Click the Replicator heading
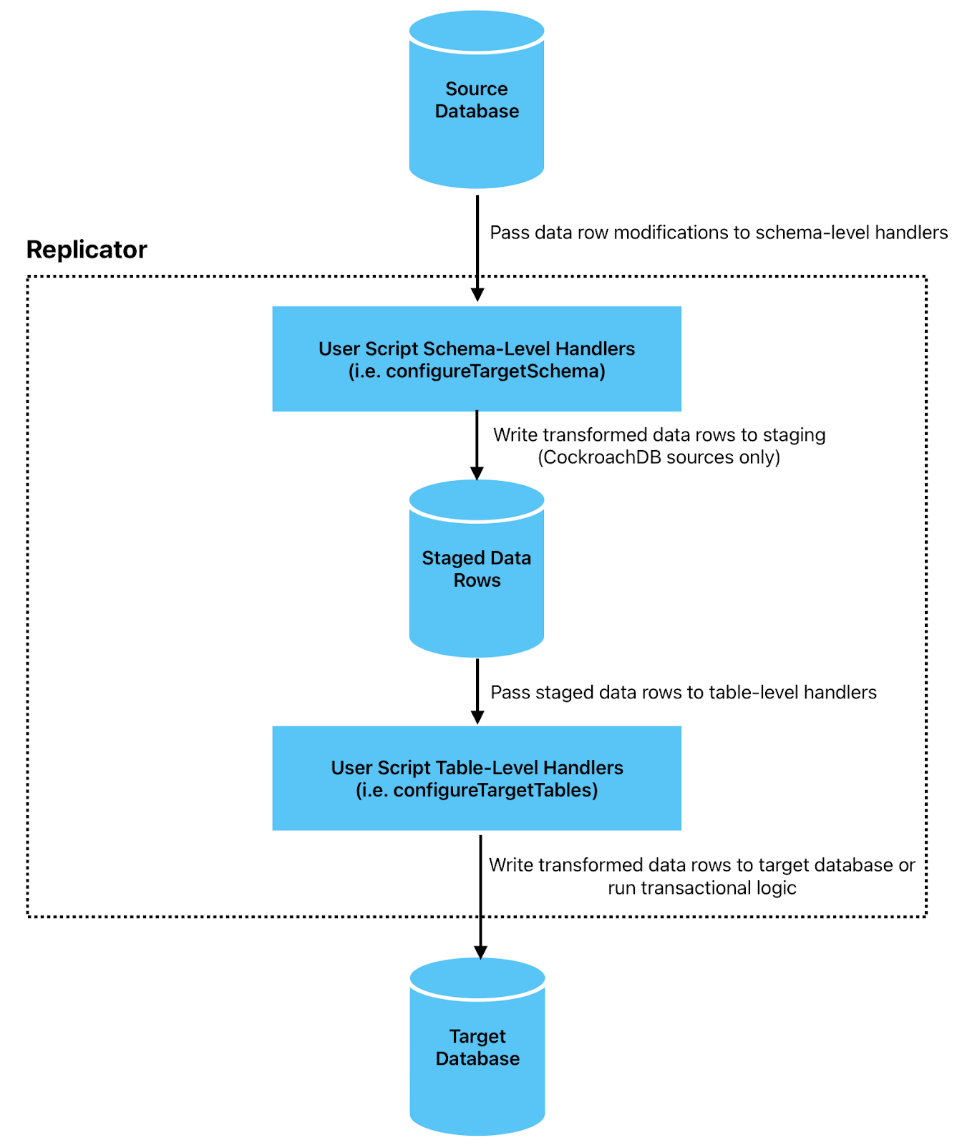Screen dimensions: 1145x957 tap(87, 250)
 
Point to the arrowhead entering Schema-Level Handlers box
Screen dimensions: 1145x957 tap(477, 294)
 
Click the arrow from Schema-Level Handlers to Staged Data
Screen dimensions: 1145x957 tap(477, 440)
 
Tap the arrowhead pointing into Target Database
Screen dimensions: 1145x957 tap(480, 952)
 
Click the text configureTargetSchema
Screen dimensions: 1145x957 tap(495, 371)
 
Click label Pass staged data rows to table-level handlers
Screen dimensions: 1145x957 tap(683, 692)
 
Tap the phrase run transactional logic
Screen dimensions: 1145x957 tap(701, 888)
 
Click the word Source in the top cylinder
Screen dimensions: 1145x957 tap(476, 89)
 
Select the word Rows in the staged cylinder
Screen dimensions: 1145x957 tap(477, 580)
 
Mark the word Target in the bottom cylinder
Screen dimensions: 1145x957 tap(477, 1036)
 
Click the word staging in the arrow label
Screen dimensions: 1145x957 tap(794, 435)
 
